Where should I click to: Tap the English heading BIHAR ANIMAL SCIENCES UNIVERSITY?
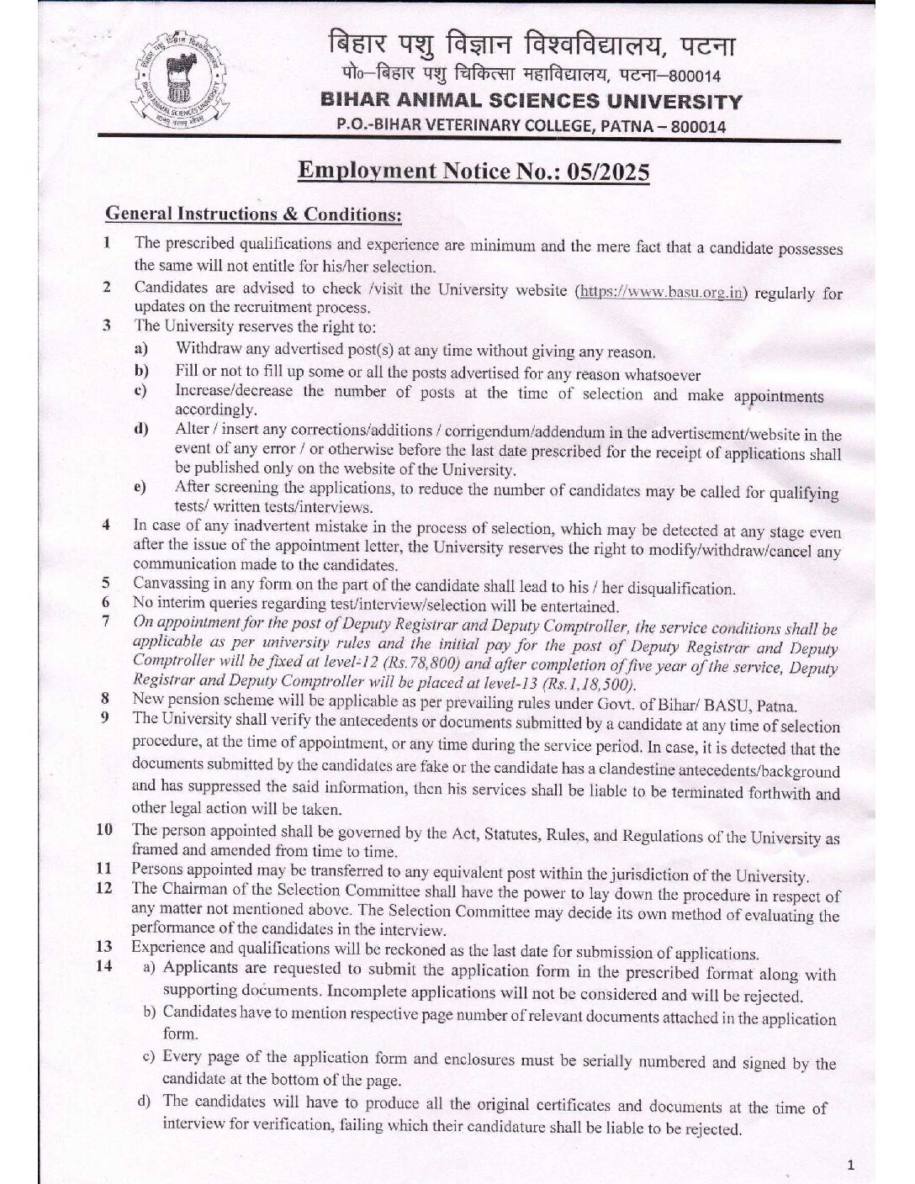tap(532, 102)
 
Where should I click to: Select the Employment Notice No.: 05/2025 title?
tap(474, 172)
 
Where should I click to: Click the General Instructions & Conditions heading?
tap(253, 214)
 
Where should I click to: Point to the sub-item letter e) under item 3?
tap(140, 489)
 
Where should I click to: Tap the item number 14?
tap(104, 966)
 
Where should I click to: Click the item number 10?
tap(104, 830)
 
